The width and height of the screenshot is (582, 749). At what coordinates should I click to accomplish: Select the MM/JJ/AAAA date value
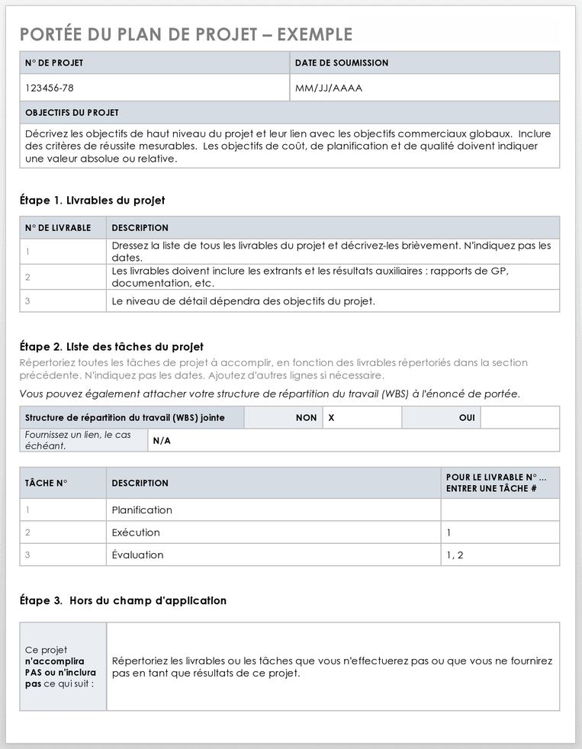(x=329, y=88)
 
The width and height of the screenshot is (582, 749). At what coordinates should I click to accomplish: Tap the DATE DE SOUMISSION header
(x=342, y=63)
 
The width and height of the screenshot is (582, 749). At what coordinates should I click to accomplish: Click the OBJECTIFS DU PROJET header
(x=72, y=112)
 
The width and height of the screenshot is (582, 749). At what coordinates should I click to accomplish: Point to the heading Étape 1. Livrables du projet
(x=92, y=201)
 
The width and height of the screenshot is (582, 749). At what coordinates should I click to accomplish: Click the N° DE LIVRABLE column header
(x=58, y=227)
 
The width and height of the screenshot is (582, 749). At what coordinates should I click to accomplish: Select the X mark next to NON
(x=331, y=418)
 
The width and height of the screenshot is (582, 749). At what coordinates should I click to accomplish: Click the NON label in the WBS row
(x=306, y=418)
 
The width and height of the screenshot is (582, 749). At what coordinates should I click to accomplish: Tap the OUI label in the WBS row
(x=467, y=418)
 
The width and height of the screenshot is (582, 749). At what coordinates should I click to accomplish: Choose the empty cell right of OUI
(x=519, y=418)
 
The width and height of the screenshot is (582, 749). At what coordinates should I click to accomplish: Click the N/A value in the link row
(x=162, y=441)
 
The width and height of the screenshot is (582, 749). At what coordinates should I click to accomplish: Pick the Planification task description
(x=142, y=510)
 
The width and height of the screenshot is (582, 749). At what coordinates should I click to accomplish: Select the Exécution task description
(x=136, y=532)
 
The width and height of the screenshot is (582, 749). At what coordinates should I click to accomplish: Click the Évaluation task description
(x=137, y=555)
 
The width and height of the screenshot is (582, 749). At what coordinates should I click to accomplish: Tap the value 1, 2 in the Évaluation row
(x=455, y=555)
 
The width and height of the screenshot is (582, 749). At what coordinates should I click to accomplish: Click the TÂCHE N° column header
(x=47, y=483)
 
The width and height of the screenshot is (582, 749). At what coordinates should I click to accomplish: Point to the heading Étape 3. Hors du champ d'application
(x=123, y=600)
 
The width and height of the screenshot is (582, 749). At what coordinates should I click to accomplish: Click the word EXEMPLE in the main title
(x=314, y=34)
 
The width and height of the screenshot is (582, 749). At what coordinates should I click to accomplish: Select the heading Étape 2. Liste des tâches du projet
(x=111, y=346)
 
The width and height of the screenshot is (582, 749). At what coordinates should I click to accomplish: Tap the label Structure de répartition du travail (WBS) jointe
(x=124, y=418)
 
